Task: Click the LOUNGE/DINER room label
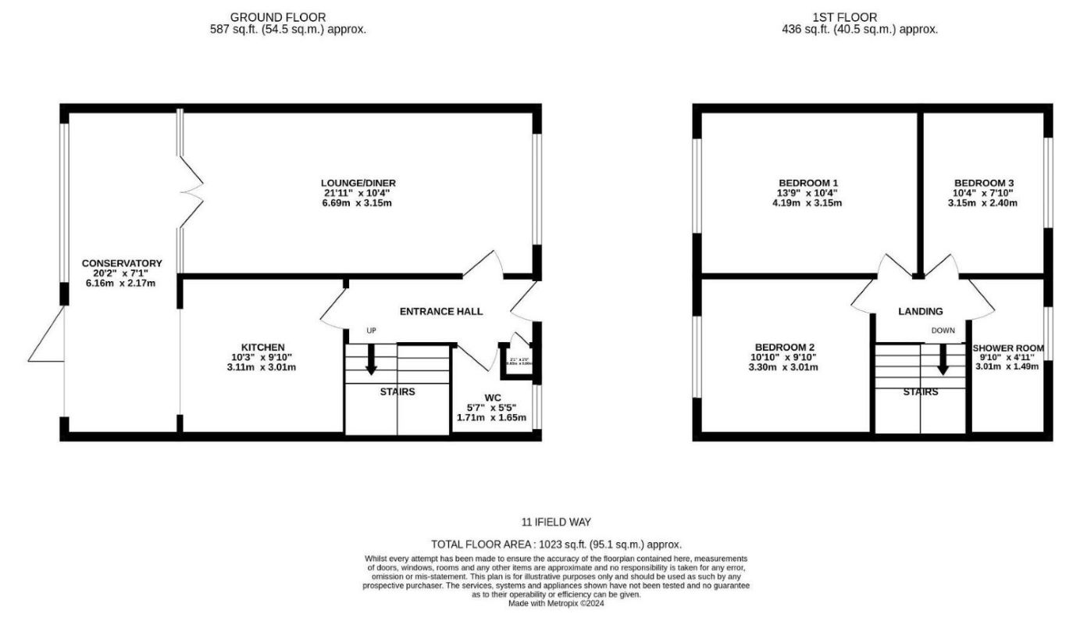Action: coord(356,183)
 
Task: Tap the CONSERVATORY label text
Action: coord(122,263)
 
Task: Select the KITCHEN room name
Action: coord(262,347)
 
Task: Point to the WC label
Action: coord(492,398)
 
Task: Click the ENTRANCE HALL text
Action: coord(441,311)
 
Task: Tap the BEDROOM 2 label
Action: coord(786,347)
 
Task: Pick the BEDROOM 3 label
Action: coord(983,183)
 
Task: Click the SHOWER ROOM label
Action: coord(1007,348)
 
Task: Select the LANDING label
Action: coord(921,311)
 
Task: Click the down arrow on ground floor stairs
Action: coord(371,359)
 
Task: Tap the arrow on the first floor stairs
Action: coord(943,359)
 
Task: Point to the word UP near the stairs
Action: coord(372,330)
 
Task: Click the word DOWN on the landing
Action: coord(943,330)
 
